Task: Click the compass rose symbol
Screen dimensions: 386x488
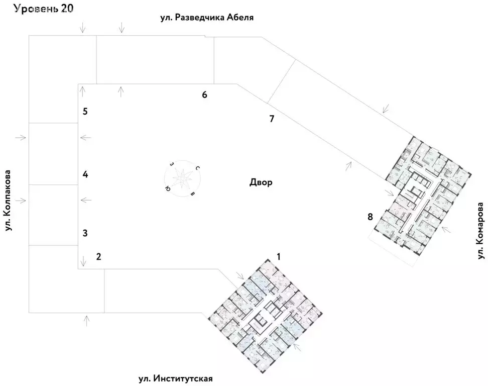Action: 182,178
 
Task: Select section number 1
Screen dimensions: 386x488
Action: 279,256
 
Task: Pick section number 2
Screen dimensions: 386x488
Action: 99,257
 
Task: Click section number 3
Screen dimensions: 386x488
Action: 85,233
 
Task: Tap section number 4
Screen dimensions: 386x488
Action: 85,175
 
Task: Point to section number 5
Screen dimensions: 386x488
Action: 85,112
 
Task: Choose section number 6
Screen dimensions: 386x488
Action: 204,94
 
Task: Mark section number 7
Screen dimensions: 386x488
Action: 272,119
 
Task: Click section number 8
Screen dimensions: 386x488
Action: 370,217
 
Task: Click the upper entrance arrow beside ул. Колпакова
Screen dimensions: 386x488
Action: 21,137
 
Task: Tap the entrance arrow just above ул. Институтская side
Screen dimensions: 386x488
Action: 87,319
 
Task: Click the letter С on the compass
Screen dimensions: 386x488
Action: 198,168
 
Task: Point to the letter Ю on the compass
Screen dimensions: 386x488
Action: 167,188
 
